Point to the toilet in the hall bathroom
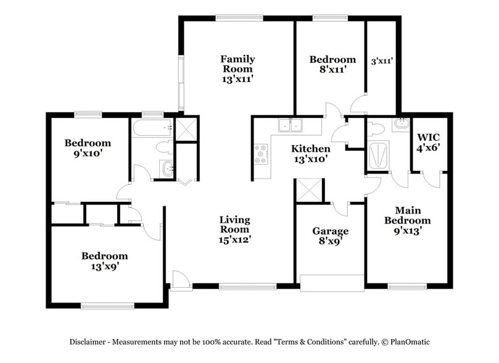[x=163, y=147]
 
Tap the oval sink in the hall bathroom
[x=167, y=168]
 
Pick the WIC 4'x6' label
[x=429, y=142]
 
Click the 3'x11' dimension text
[x=382, y=61]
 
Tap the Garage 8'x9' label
[x=330, y=236]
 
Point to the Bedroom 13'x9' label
[x=105, y=261]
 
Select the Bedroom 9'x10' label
[x=88, y=148]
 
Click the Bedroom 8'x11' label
[x=332, y=64]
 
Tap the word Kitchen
[x=310, y=149]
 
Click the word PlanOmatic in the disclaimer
[x=410, y=341]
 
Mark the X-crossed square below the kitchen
[x=308, y=190]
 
